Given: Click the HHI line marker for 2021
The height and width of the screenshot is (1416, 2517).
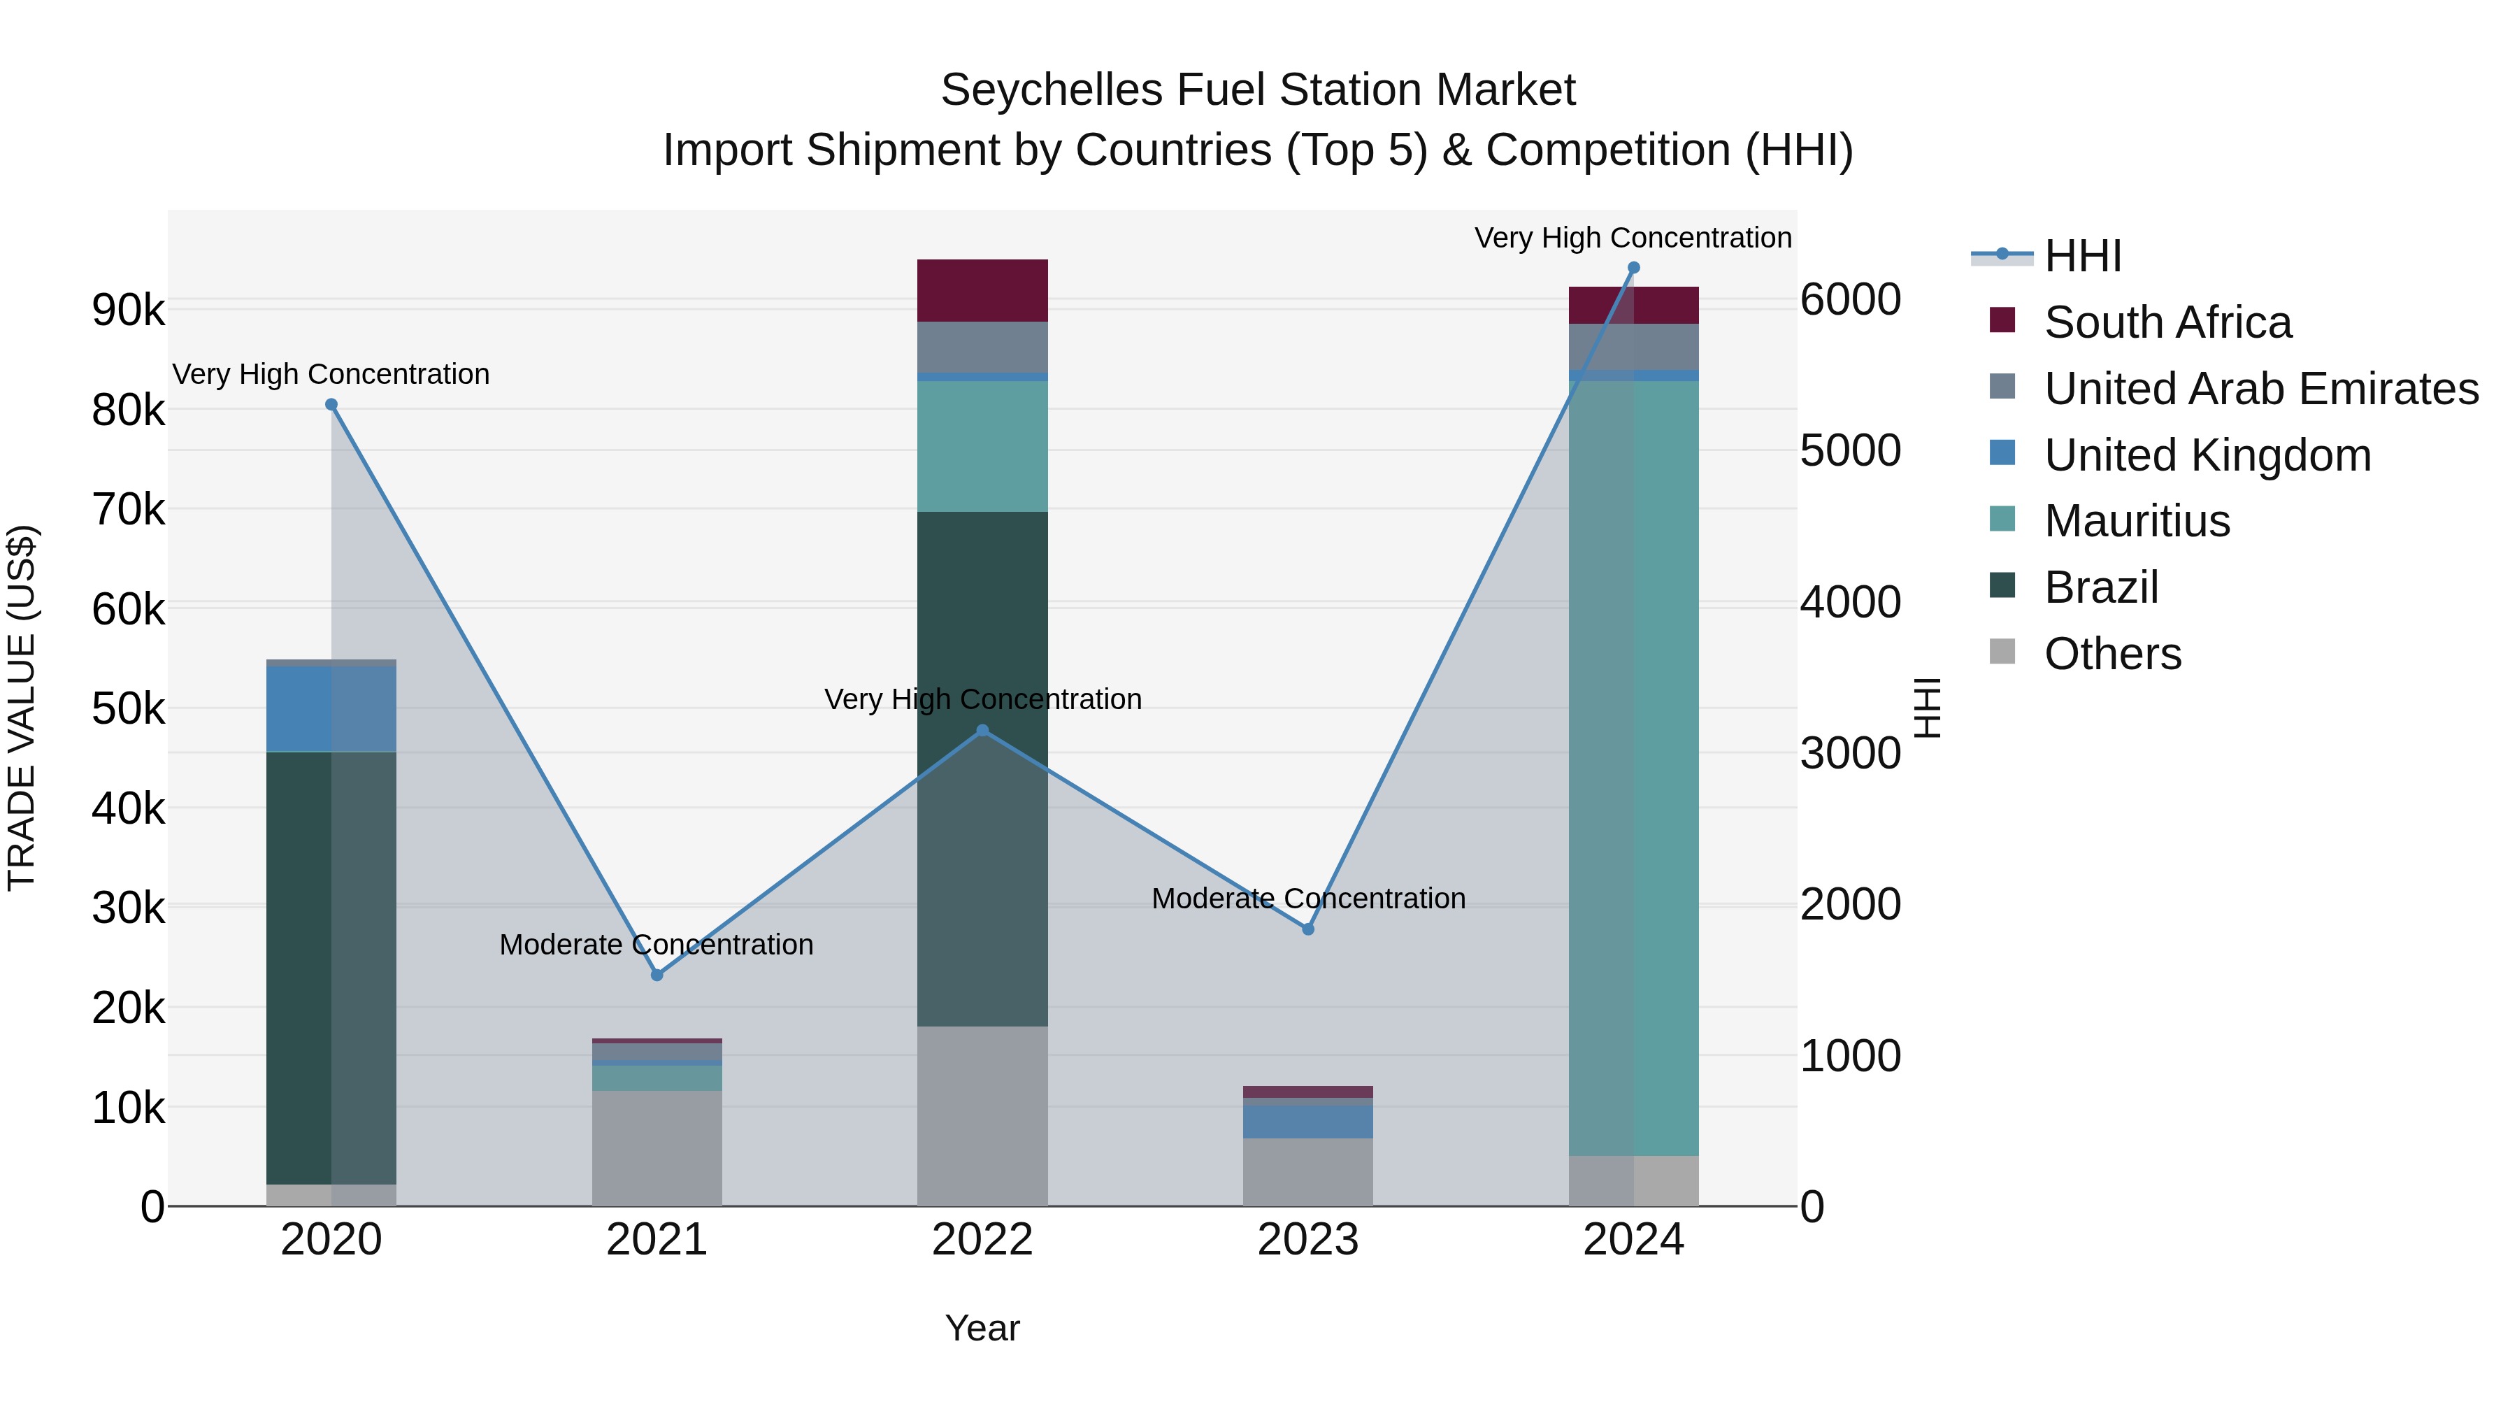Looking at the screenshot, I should pos(657,974).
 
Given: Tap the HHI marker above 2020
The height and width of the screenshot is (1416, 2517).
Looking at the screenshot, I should pos(331,405).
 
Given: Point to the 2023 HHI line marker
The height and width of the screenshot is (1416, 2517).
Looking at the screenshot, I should pos(1308,929).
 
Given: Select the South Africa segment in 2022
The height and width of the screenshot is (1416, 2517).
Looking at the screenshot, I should pos(982,290).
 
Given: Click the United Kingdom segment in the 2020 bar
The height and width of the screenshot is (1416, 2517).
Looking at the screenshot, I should pos(331,708).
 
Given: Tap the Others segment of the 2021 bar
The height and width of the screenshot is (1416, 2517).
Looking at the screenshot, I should pos(657,1147).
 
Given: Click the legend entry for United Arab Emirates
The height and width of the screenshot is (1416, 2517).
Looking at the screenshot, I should pos(2261,389).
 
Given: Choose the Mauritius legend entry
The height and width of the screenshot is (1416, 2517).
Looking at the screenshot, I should pos(2137,521).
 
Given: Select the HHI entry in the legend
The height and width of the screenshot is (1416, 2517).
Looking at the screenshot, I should pos(2082,256).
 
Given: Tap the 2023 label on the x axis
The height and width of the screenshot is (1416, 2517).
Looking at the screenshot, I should pos(1308,1240).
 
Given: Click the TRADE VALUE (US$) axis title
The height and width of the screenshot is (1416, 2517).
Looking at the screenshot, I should pos(22,708).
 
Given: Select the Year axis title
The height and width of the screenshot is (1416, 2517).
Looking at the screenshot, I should pos(982,1328).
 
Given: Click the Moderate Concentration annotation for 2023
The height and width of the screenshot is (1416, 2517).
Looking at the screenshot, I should pos(1308,898).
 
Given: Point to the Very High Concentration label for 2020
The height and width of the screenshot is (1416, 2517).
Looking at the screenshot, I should pos(331,374).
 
